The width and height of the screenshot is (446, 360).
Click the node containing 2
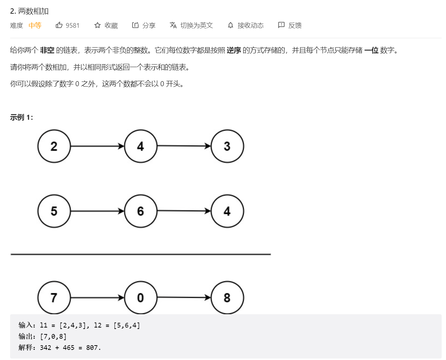pos(54,146)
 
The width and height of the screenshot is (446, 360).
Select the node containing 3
pos(227,146)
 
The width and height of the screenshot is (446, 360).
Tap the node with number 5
pos(54,211)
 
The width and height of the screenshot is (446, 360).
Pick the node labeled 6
pos(141,211)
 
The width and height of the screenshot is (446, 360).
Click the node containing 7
pos(54,298)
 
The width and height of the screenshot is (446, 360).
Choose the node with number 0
pos(141,298)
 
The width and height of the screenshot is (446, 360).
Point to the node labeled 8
pos(227,298)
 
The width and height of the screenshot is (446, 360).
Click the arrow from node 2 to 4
pos(97,146)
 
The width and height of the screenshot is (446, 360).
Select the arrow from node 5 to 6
pos(97,211)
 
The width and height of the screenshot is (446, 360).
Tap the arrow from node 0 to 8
pos(184,297)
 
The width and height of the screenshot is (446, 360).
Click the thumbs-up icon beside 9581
pos(59,25)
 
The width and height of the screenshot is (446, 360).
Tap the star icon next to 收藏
pos(97,25)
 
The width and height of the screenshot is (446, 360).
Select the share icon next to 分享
pos(135,25)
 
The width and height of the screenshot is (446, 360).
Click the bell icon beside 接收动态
pos(231,25)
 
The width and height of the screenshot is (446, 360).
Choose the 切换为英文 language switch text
pos(196,25)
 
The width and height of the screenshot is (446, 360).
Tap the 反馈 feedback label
pos(295,25)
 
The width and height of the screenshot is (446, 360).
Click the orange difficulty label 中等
pos(35,25)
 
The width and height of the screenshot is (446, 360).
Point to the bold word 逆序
pos(234,50)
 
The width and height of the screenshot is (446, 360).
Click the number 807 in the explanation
pos(92,347)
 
